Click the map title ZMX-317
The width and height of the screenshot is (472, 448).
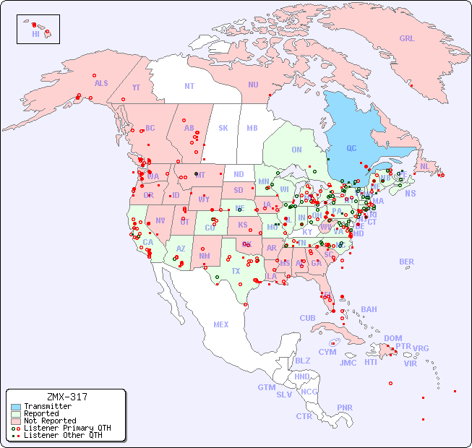66,397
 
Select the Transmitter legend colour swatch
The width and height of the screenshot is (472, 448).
15,407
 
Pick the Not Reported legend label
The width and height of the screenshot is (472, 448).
50,421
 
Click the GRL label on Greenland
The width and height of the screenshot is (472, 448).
407,39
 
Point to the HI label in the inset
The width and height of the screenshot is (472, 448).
35,34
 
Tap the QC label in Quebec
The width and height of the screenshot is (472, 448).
351,149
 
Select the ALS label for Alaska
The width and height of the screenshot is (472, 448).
101,83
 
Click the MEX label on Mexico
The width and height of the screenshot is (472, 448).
221,324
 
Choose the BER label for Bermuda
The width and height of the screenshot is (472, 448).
407,262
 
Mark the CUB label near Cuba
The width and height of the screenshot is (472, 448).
308,318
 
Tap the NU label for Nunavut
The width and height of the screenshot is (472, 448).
253,85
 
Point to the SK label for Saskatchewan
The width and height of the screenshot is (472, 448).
223,128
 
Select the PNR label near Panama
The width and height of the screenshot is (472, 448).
345,408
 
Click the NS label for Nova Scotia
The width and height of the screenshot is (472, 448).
410,193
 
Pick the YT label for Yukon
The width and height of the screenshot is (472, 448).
136,87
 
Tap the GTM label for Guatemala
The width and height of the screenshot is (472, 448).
267,387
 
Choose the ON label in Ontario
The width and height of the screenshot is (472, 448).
296,150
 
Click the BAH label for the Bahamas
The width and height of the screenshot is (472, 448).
369,309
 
